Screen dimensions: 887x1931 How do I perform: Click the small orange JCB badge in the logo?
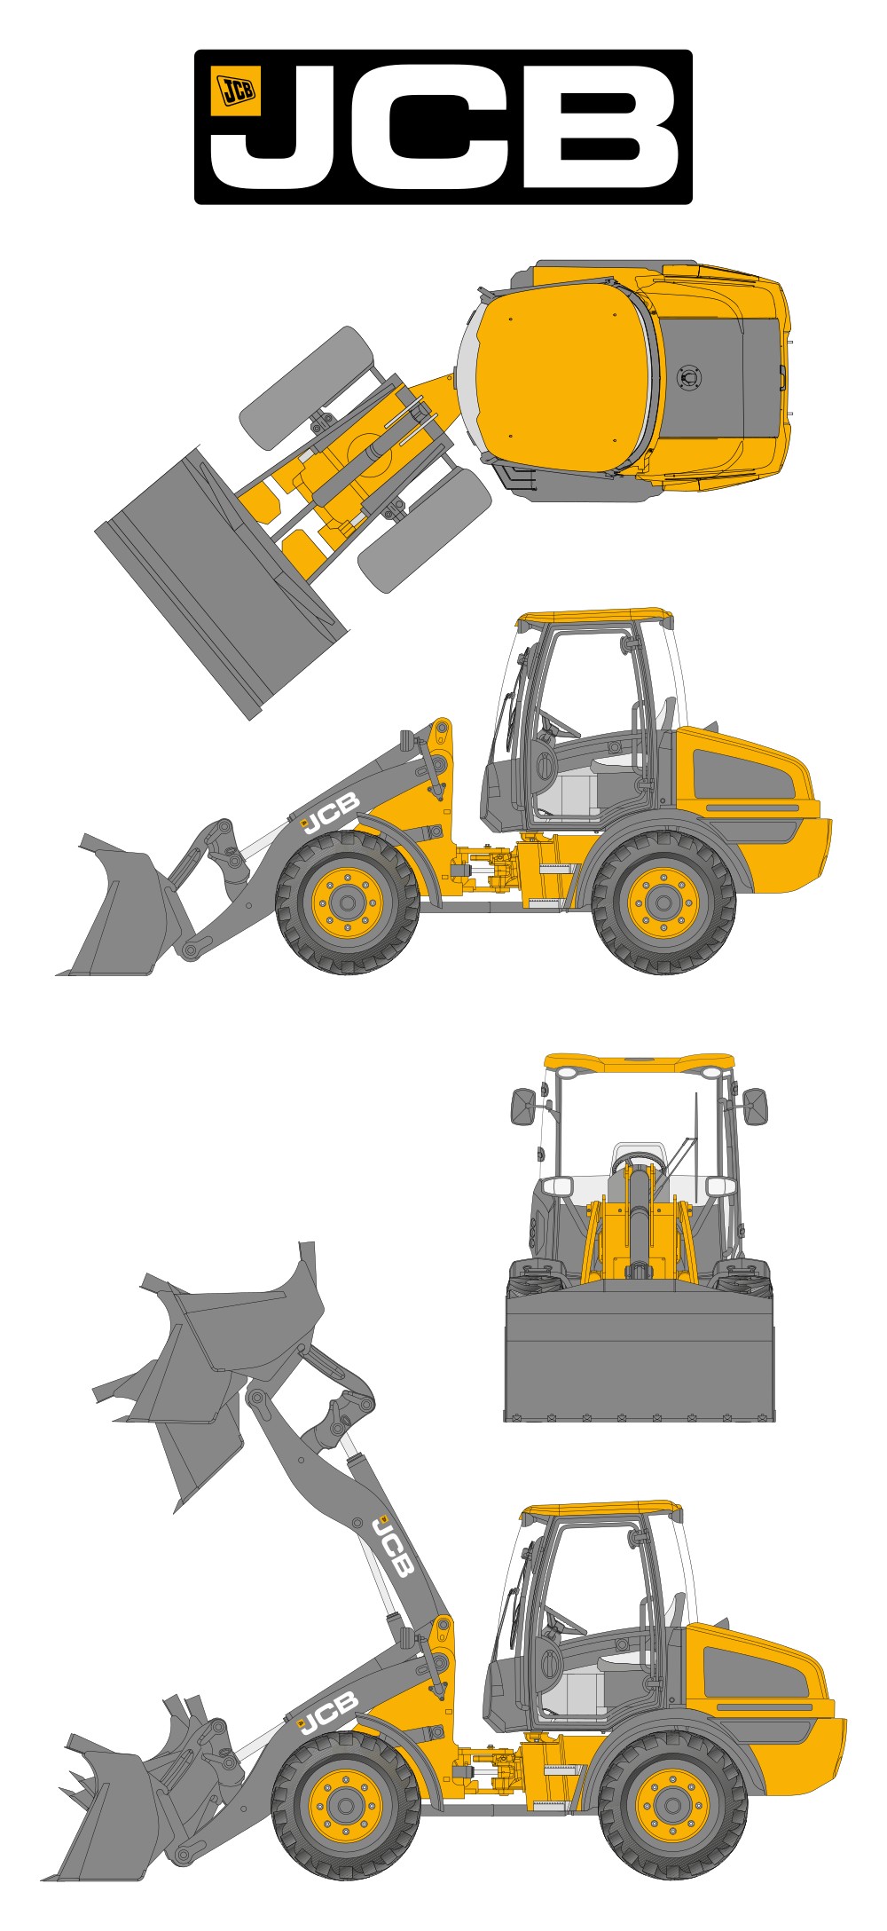235,91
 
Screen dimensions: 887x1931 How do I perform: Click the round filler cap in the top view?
688,378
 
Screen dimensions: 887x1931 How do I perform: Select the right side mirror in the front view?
755,1107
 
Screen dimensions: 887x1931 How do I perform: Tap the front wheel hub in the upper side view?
347,903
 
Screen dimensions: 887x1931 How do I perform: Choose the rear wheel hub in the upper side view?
663,903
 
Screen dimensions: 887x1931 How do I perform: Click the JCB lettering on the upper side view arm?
330,814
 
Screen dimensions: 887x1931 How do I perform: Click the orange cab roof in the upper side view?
594,617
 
